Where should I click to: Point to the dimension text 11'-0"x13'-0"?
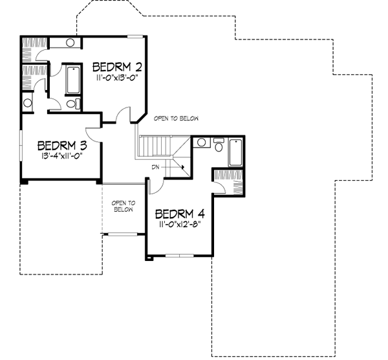[117, 78]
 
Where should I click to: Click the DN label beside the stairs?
[155, 166]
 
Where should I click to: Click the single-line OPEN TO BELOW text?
[176, 118]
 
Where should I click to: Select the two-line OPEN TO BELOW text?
[123, 206]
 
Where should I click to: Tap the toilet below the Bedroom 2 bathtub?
[72, 102]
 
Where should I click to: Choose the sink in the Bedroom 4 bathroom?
[201, 142]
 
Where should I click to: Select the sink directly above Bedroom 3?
[28, 103]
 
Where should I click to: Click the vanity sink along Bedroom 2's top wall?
[70, 43]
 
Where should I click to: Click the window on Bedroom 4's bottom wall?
[178, 256]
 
